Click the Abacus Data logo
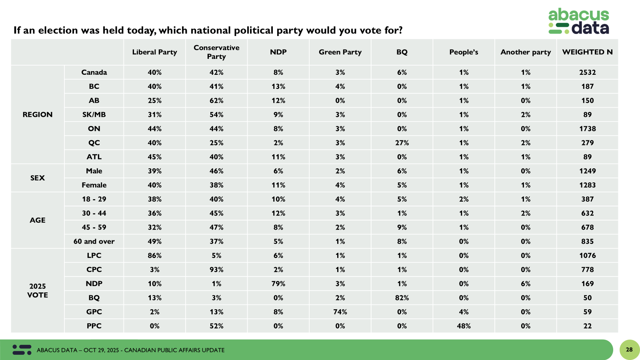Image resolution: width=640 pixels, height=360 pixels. (578, 21)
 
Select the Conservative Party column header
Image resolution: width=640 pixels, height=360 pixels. (216, 52)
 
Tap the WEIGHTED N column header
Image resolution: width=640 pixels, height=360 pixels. (587, 52)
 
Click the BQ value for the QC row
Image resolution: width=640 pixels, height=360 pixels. (402, 143)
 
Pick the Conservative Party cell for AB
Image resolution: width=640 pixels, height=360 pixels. (216, 100)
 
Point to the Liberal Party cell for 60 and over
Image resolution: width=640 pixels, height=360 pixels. (155, 241)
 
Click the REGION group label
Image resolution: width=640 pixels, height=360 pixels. (38, 114)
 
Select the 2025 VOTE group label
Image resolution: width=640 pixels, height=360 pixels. (38, 290)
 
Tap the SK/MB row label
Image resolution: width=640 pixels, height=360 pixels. (94, 114)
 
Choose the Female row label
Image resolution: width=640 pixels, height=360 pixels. (94, 185)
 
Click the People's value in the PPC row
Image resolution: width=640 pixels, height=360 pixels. (464, 326)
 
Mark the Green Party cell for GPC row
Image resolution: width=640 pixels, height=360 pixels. (340, 312)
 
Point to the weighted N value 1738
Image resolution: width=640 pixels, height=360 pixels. (587, 128)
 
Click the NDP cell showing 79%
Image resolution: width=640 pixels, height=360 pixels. (278, 284)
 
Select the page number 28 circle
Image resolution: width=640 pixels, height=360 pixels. (629, 350)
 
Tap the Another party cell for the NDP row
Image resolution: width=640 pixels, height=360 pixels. (526, 284)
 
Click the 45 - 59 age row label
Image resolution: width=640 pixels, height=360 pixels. (94, 227)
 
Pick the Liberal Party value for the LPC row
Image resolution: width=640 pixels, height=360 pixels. (155, 255)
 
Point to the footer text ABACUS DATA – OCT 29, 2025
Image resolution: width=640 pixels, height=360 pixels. (78, 350)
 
